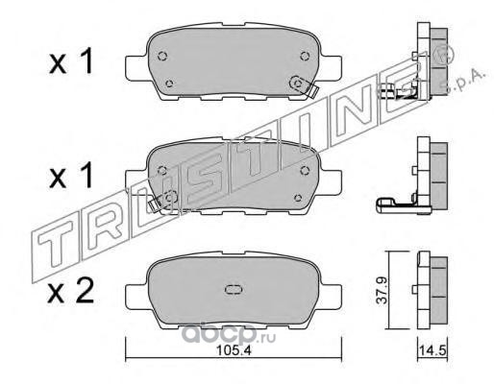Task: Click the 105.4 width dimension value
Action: (235, 350)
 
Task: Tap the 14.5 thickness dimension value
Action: (432, 351)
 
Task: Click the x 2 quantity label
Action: (71, 291)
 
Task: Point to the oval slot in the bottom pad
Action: (235, 290)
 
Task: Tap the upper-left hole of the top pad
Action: (162, 57)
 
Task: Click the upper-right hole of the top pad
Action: (306, 56)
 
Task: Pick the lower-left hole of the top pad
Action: (169, 84)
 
